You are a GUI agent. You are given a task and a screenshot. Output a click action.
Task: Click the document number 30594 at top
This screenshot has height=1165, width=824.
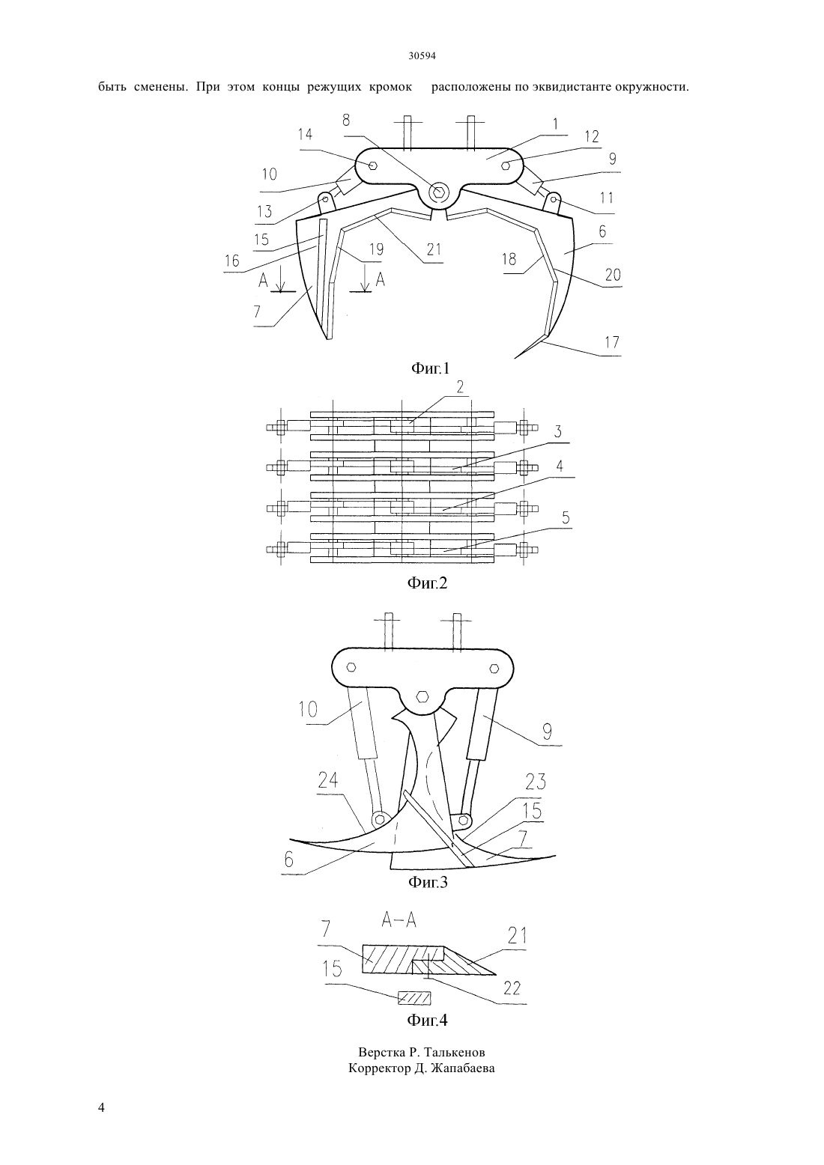pos(422,56)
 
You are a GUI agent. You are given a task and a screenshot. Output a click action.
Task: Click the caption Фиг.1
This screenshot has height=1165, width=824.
pos(430,369)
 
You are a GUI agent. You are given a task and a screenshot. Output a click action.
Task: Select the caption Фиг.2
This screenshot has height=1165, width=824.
pos(426,583)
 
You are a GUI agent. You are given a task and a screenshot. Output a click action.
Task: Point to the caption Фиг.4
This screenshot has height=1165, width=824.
pos(426,1020)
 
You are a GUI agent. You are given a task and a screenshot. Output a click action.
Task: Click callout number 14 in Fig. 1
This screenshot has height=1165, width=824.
pos(305,134)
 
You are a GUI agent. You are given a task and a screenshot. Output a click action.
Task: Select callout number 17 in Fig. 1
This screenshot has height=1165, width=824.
pos(612,341)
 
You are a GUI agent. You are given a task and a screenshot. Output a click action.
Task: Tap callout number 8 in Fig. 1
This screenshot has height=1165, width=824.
pos(346,120)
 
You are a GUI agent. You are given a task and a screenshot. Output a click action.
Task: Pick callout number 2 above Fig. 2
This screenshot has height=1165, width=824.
pos(460,386)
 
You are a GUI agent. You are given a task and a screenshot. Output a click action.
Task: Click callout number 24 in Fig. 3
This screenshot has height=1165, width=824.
pos(328,780)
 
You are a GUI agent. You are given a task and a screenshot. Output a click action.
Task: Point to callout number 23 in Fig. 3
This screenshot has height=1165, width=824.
pos(536,782)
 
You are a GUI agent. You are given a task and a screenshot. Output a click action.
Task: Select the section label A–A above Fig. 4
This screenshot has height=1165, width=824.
pos(399,920)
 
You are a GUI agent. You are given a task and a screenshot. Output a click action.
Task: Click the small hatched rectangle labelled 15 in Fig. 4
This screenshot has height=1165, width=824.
pos(414,997)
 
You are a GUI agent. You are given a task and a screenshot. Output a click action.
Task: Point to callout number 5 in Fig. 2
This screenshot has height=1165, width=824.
pos(566,518)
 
